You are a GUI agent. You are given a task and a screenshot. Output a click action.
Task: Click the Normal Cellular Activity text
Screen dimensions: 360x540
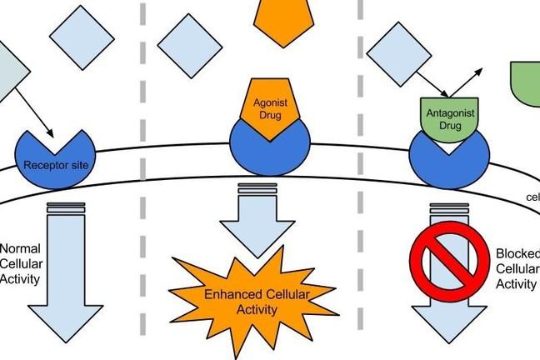tap(20, 263)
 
